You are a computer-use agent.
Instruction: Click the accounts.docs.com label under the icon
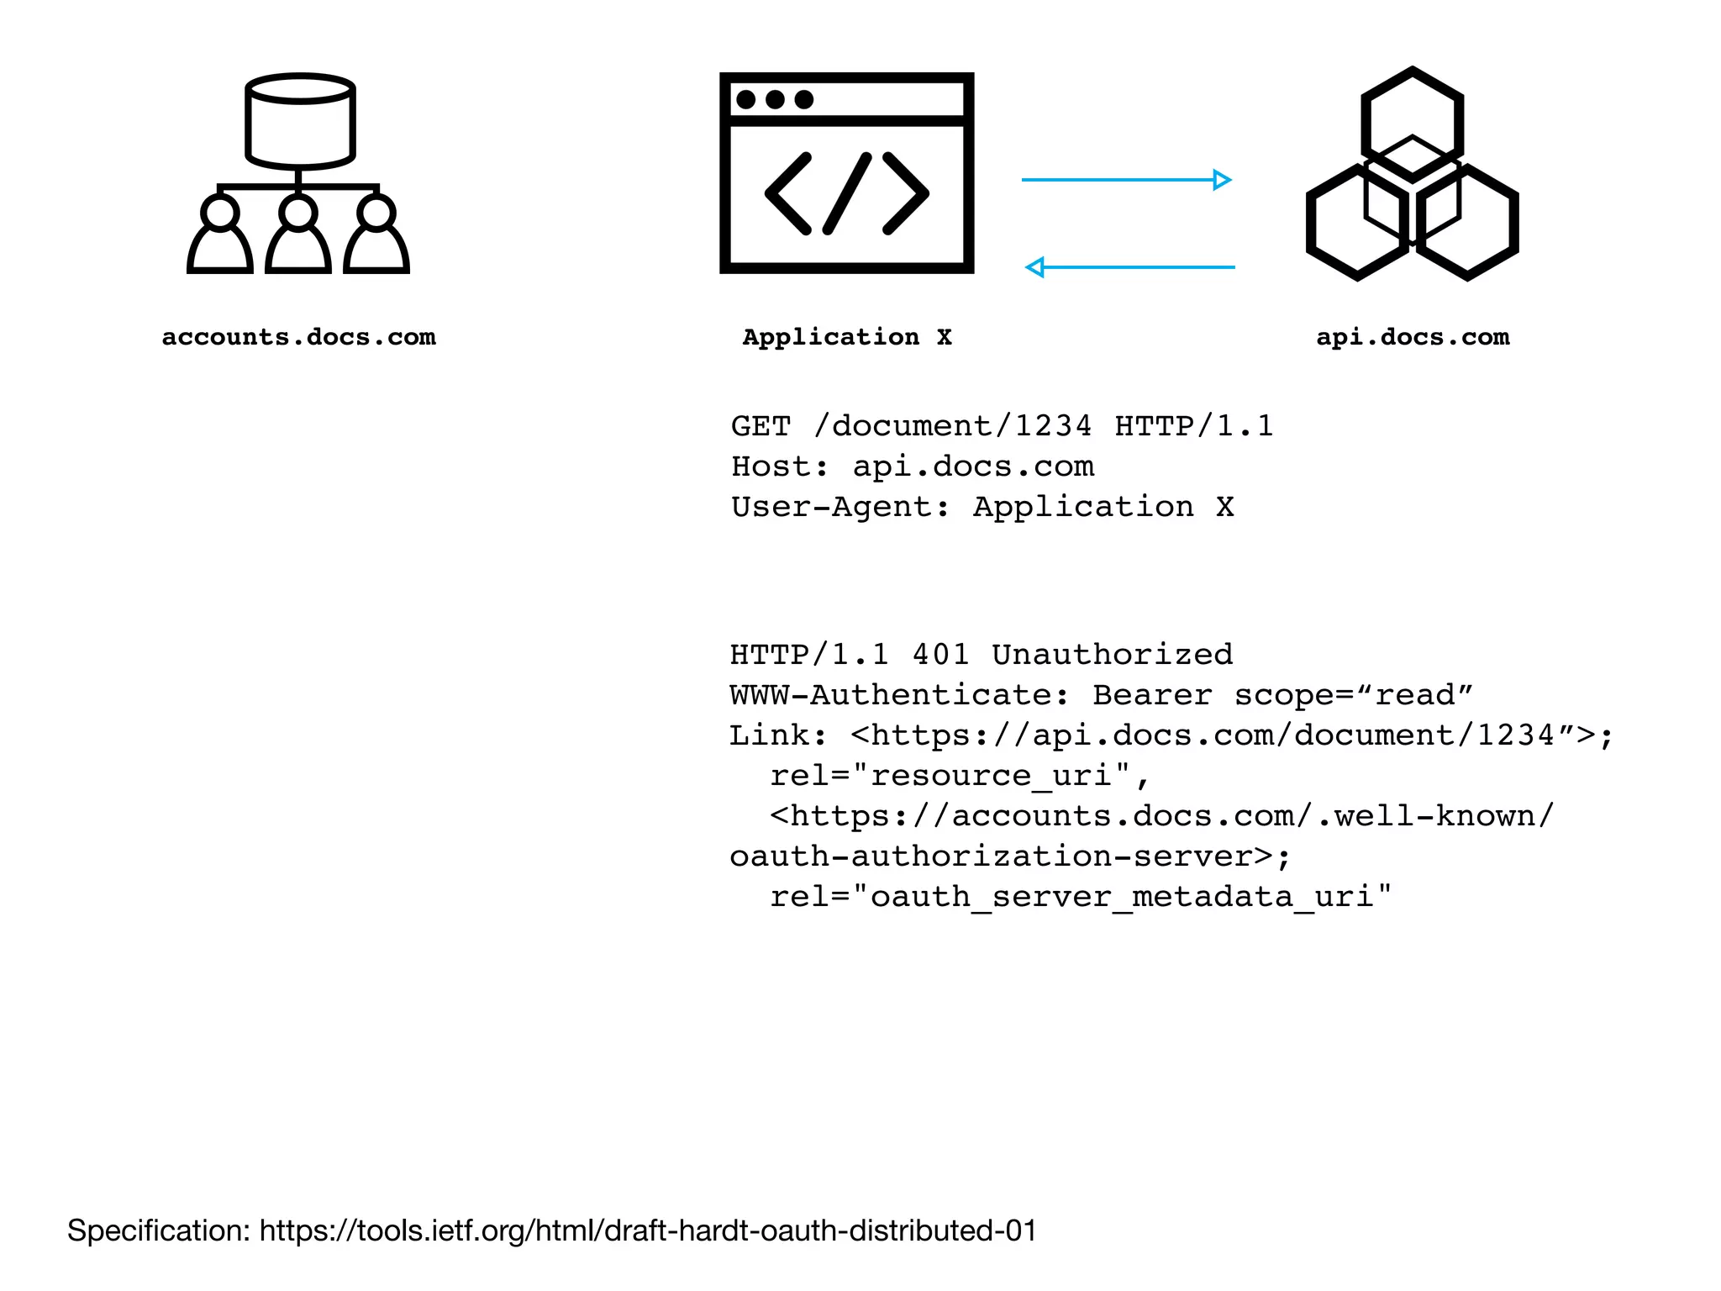298,337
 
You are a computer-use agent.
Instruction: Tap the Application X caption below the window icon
846,337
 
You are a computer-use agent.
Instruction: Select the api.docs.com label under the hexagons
1413,337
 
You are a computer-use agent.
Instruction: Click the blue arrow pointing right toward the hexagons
1126,180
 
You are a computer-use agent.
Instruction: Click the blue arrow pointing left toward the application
1129,267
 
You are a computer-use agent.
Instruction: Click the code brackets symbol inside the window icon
846,194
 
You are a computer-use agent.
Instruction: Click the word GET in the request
761,426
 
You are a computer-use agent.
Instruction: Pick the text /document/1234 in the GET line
953,426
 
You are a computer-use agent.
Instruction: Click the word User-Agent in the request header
832,507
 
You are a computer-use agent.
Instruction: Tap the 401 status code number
940,655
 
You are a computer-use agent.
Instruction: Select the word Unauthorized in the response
1112,655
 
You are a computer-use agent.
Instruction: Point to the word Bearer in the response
1152,695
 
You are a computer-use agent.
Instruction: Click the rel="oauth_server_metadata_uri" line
1080,897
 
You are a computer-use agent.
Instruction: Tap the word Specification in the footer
158,1230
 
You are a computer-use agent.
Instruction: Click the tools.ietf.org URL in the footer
647,1230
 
